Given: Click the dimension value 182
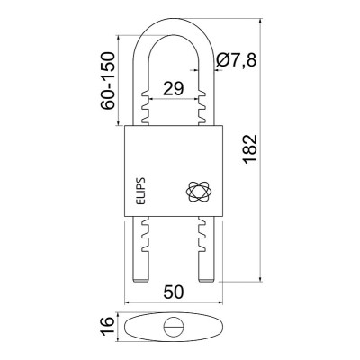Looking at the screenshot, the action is [x=250, y=149].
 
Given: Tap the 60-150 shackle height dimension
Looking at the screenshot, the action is [x=108, y=80].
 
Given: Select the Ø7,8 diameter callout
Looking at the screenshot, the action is [x=236, y=59].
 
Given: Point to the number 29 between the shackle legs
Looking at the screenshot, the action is [x=173, y=88].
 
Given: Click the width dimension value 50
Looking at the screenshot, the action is [x=174, y=292].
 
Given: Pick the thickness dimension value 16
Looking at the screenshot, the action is [x=108, y=326].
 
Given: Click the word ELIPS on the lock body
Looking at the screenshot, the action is [x=140, y=191].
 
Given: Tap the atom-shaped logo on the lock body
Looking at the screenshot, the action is [x=200, y=191].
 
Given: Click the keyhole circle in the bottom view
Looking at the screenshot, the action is [x=174, y=327].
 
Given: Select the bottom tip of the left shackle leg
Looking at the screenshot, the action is [x=140, y=282].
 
